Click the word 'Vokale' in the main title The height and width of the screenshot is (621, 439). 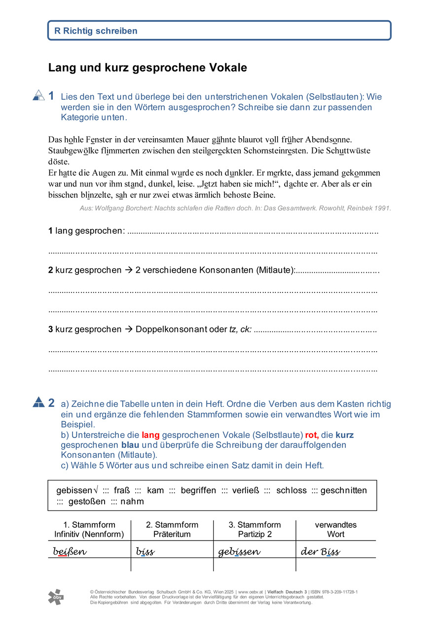229,68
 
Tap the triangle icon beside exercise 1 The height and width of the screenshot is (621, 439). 38,95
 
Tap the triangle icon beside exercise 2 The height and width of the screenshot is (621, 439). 38,402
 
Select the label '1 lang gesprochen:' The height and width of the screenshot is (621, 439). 86,231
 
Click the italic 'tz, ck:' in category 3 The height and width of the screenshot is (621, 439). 240,329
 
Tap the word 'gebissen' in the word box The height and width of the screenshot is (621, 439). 74,490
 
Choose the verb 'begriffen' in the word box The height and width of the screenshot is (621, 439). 198,490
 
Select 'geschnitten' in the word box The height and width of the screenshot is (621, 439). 344,490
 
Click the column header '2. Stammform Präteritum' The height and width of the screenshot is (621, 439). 172,529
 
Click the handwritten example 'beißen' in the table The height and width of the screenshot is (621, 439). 70,551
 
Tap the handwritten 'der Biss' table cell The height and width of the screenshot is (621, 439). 320,551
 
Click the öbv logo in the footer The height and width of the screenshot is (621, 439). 55,597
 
